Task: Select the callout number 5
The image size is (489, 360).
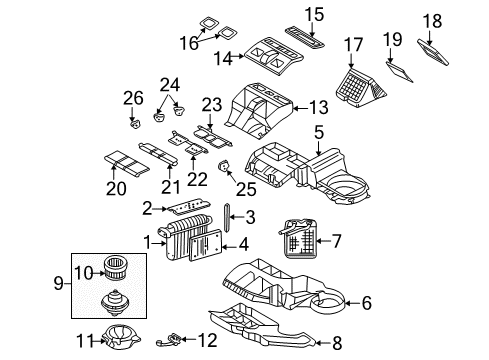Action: (317, 131)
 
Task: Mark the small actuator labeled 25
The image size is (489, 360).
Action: (225, 166)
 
